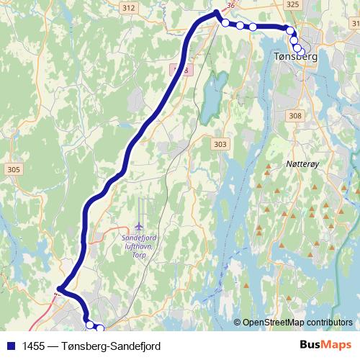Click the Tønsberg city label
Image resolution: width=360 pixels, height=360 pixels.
click(295, 55)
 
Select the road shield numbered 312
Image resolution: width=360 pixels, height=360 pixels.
click(129, 7)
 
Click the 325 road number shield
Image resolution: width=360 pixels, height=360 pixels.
click(292, 5)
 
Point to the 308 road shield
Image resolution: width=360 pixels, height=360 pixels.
click(294, 116)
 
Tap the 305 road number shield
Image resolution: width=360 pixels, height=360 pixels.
click(12, 169)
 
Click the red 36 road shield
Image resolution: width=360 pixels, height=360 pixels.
click(231, 5)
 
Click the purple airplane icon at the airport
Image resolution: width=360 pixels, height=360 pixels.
click(139, 218)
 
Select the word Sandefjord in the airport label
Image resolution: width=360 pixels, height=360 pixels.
click(140, 237)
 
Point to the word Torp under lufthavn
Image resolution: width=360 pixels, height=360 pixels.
click(139, 253)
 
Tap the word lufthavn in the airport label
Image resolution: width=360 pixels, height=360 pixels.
click(139, 246)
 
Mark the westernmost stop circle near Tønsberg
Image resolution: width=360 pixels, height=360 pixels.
click(225, 23)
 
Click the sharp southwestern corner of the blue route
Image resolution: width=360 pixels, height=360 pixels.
click(59, 291)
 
